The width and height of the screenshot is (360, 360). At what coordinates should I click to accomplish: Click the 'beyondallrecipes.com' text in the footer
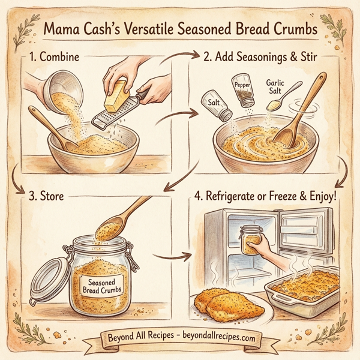tap(209, 338)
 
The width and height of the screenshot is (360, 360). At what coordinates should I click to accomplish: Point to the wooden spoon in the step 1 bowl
tap(48, 126)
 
